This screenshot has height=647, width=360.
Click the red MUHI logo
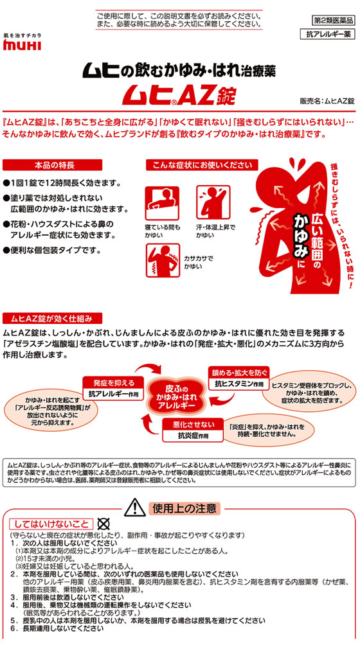point(22,45)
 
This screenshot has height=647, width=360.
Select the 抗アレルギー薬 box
point(327,35)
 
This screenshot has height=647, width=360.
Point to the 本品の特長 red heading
point(53,165)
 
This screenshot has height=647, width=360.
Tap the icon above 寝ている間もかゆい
point(162,203)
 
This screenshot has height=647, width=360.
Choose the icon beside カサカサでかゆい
point(163,260)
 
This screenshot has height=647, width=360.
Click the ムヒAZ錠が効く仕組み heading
point(53,319)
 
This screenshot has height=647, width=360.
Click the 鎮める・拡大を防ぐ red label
point(239,372)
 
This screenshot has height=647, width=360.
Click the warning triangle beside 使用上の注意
point(134,507)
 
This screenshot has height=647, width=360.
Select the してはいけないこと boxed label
point(51,524)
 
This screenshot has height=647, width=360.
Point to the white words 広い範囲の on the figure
point(306,236)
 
